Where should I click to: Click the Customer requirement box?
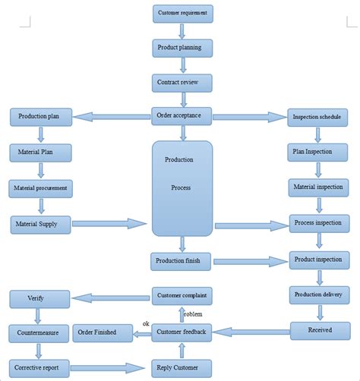pos(182,14)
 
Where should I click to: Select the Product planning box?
pos(182,48)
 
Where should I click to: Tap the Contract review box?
pos(182,82)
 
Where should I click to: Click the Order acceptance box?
pos(182,116)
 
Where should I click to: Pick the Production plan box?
pos(40,117)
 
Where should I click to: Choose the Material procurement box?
pos(40,187)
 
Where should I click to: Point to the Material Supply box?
pos(40,223)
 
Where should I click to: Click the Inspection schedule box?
pos(320,118)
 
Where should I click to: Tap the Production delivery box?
pos(320,294)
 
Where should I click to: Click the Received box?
pos(320,330)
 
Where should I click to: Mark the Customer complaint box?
pos(182,295)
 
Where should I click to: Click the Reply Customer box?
pos(182,367)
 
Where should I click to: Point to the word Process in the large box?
pos(180,187)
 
